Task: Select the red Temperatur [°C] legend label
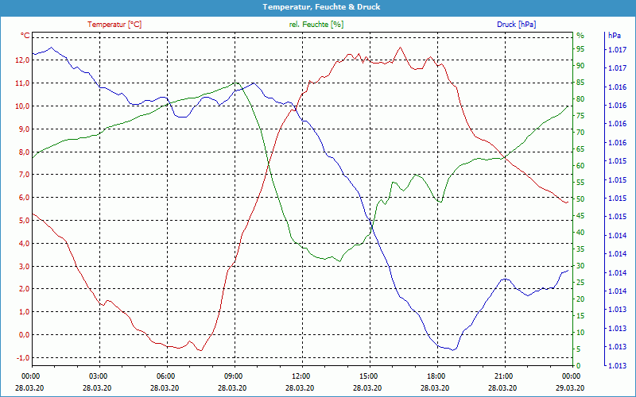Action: click(114, 25)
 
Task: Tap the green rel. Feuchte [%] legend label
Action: click(316, 25)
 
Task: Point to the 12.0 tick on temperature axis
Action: click(21, 60)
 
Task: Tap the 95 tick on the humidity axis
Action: click(580, 49)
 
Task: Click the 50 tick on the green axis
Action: click(580, 199)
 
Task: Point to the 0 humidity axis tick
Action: click(578, 365)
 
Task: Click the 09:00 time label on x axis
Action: click(234, 376)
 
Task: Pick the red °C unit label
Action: click(25, 36)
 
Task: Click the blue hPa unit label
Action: click(615, 36)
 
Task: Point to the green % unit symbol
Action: click(580, 36)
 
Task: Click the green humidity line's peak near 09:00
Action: click(235, 83)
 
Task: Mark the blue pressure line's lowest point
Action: click(452, 349)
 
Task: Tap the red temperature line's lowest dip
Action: click(200, 350)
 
